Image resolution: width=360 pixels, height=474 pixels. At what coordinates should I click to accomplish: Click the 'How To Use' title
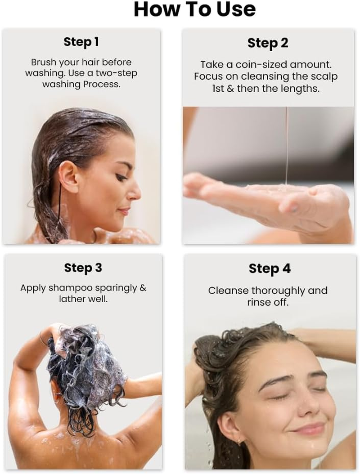point(194,9)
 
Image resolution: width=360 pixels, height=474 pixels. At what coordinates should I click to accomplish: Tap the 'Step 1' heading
point(81,42)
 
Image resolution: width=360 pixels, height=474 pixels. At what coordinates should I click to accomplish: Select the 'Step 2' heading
point(268,43)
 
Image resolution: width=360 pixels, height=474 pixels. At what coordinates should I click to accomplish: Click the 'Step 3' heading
point(83,268)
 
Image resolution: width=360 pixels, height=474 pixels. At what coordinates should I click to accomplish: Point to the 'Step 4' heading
point(270,269)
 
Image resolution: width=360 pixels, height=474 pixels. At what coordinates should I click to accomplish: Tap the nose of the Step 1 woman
point(135,192)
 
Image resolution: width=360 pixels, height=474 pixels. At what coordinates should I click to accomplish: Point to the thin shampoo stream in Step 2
point(287,144)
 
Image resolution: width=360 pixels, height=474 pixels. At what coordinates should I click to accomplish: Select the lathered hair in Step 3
point(85,360)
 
